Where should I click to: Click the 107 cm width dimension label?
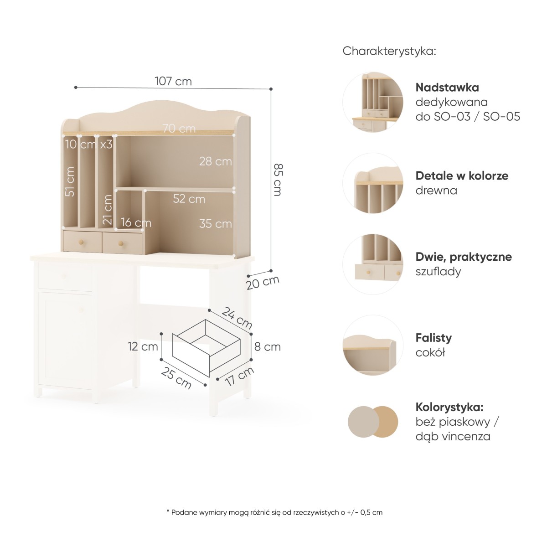pos(173,82)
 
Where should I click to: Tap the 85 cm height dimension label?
pos(278,180)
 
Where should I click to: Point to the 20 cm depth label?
pos(263,283)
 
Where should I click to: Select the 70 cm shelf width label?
pos(180,129)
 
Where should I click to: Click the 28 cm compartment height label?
pos(216,161)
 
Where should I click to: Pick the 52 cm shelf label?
pos(189,199)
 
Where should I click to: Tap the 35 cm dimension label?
pos(216,224)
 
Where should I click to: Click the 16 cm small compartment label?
pos(136,222)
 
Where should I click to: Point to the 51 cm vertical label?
pos(70,181)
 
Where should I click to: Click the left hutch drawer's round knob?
pos(81,242)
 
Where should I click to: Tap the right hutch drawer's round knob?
pos(121,243)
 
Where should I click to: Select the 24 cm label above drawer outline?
pos(237,317)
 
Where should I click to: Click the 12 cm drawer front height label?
pos(143,346)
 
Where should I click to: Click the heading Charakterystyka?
pos(389,52)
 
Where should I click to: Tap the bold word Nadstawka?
pos(447,88)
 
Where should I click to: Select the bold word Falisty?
pos(433,338)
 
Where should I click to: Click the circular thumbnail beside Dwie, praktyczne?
pos(373,264)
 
